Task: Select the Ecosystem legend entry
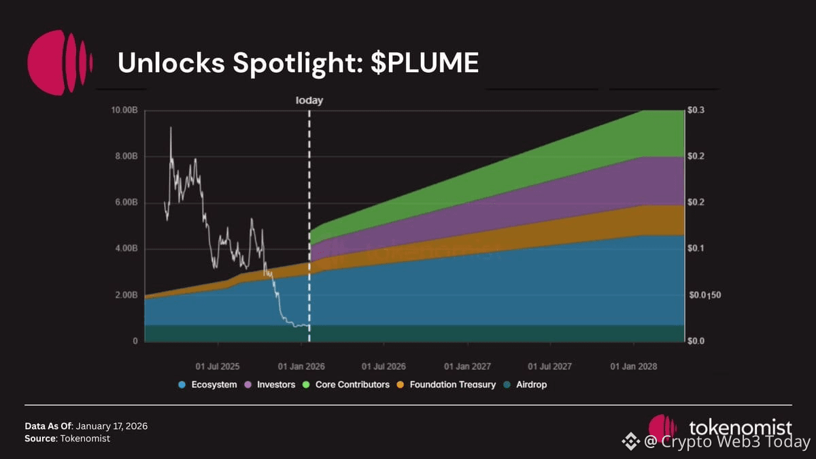coord(207,385)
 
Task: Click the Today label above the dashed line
coord(309,101)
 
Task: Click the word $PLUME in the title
coord(425,63)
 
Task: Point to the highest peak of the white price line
coord(171,128)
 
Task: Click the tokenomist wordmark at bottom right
coord(740,428)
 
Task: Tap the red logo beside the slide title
coord(60,63)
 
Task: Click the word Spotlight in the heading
coord(295,63)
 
